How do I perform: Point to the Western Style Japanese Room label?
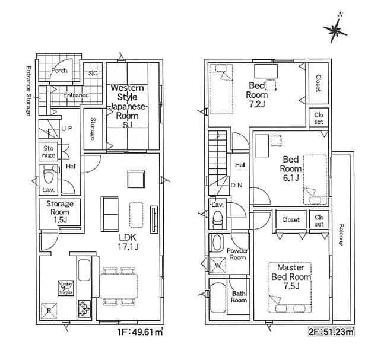(127, 106)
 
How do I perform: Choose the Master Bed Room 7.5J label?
(291, 277)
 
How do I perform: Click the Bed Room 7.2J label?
(258, 94)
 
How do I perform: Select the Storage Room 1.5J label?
(59, 212)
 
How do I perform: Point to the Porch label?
(59, 71)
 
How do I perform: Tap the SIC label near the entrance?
(93, 73)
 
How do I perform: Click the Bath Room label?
(239, 297)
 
